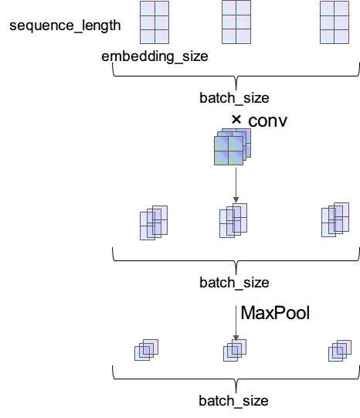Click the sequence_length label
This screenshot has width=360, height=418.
pos(65,25)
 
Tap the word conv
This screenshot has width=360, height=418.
pos(267,122)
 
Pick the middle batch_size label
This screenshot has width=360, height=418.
pos(233,282)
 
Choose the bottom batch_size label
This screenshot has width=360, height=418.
pos(233,401)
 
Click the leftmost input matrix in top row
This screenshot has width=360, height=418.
pos(155,22)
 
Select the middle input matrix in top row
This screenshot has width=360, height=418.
pos(236,21)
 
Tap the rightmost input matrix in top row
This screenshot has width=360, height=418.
pos(335,21)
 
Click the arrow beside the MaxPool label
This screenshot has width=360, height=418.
pos(236,321)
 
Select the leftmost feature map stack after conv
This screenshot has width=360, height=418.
pos(154,223)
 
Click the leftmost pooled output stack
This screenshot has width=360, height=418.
pos(145,349)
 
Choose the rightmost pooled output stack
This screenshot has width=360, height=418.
pos(339,349)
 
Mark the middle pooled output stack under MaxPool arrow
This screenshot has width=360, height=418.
pos(234,349)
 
